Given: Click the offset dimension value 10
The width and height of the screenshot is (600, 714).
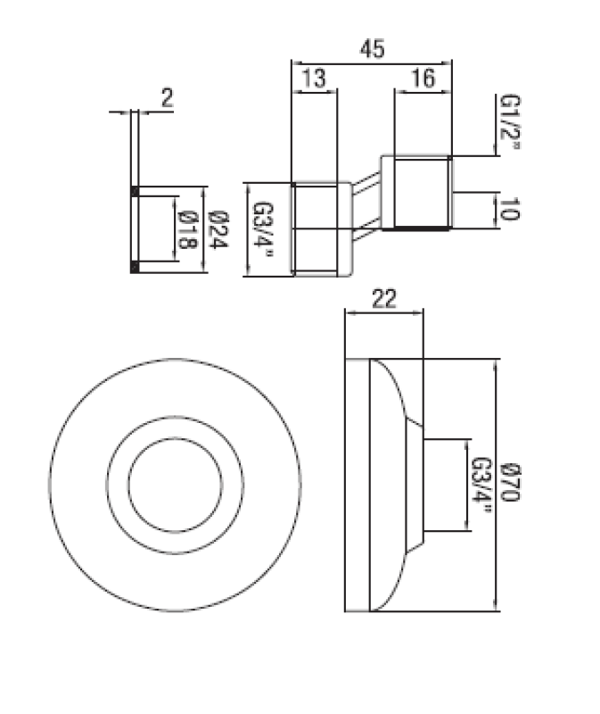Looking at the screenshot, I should coord(509,210).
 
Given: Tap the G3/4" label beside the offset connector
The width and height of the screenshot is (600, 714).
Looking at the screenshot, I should coord(263,229).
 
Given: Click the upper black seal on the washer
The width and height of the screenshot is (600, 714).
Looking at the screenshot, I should coord(134,191).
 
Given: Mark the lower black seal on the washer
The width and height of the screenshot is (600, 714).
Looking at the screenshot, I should coord(134,266).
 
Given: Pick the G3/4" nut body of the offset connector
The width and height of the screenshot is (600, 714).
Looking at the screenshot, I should coord(316,229).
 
